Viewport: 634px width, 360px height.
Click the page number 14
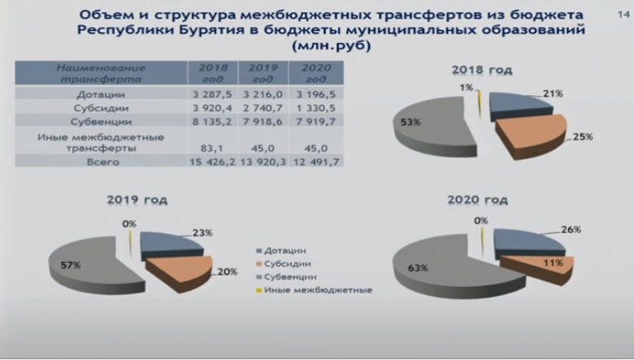click(x=623, y=15)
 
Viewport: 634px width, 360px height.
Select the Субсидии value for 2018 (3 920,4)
click(x=212, y=108)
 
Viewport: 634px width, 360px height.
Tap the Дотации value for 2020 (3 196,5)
click(x=316, y=94)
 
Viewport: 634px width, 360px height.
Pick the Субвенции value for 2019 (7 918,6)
click(x=262, y=121)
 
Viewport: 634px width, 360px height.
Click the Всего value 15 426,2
click(x=212, y=162)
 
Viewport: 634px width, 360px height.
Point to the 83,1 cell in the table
click(x=212, y=148)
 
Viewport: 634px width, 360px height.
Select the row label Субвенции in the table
click(x=102, y=121)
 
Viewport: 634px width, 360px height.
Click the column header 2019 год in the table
click(x=263, y=73)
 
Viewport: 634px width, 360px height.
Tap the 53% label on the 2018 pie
click(x=410, y=121)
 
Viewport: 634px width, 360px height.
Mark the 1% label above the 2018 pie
click(x=466, y=88)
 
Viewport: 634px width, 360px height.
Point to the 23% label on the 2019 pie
click(x=202, y=233)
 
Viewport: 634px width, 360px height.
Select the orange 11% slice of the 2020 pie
click(x=542, y=265)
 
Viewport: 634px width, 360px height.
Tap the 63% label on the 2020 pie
click(x=417, y=268)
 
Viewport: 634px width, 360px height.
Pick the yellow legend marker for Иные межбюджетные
click(x=259, y=290)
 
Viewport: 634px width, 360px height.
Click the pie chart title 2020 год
click(x=477, y=200)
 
